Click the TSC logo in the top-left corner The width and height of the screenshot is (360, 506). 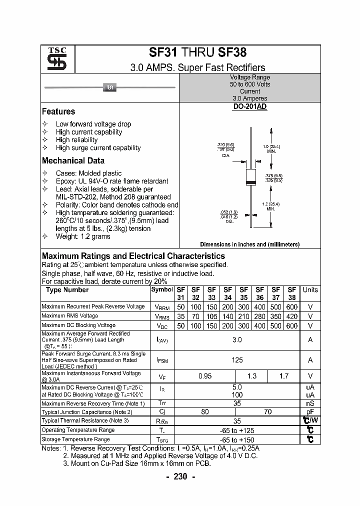click(x=53, y=59)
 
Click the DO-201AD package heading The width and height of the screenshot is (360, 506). click(x=250, y=107)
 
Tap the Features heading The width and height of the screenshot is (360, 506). click(x=58, y=111)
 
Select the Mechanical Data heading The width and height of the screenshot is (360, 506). click(x=73, y=160)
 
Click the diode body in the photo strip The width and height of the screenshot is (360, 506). click(x=109, y=87)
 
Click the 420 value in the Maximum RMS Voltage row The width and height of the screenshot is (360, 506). click(x=292, y=316)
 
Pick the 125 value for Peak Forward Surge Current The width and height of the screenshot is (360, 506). click(x=237, y=360)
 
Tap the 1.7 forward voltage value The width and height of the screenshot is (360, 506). click(x=284, y=376)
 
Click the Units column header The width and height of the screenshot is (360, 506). click(x=310, y=290)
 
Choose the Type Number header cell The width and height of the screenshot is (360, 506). click(x=67, y=290)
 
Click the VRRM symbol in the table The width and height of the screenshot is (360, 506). click(x=163, y=307)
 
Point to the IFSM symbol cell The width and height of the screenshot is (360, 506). click(x=162, y=360)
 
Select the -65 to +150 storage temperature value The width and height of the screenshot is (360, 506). click(x=237, y=439)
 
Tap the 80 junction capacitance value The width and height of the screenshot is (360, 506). click(x=205, y=412)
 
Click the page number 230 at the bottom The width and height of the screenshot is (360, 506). click(x=180, y=476)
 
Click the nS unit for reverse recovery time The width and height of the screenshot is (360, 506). click(x=310, y=403)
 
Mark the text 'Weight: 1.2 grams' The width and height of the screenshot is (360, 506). click(x=83, y=236)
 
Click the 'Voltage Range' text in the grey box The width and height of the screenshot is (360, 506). click(x=250, y=77)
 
